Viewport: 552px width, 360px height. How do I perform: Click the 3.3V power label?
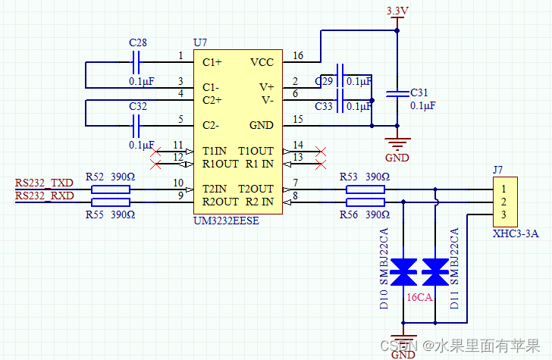[397, 11]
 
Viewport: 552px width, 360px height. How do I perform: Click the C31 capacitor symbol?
[397, 93]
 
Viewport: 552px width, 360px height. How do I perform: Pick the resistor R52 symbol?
[111, 189]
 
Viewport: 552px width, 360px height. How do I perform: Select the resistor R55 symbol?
[111, 202]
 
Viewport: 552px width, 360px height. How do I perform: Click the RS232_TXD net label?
[44, 183]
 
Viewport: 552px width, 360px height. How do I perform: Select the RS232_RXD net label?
[44, 196]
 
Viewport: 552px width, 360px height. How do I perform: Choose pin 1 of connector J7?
[502, 189]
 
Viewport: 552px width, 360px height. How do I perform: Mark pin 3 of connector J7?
[502, 214]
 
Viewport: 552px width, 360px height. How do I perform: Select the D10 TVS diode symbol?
[403, 268]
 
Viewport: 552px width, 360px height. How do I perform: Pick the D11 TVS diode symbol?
[435, 268]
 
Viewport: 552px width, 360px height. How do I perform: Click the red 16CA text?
[419, 298]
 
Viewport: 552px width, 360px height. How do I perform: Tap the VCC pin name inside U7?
[261, 62]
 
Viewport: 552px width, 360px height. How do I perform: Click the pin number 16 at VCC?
[297, 56]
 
